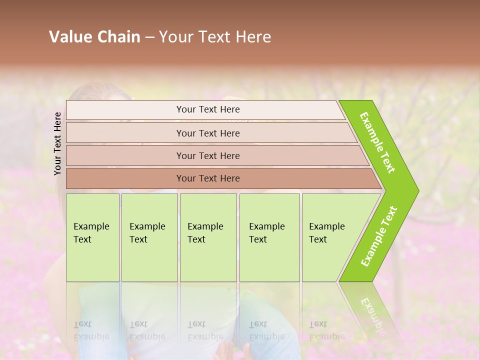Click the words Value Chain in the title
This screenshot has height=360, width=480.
click(x=94, y=37)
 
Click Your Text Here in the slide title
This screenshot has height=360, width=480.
click(x=215, y=37)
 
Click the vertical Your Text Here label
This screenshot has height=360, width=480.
click(x=58, y=143)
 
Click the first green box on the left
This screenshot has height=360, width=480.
click(x=92, y=237)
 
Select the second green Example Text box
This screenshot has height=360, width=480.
click(x=149, y=237)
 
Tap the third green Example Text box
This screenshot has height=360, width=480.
click(x=208, y=237)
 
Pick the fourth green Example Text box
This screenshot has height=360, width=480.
click(x=269, y=237)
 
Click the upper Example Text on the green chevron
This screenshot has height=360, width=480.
click(x=377, y=142)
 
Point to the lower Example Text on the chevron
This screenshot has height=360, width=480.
click(x=378, y=236)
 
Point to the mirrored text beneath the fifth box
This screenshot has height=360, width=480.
click(x=326, y=330)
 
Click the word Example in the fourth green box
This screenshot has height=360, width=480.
click(x=266, y=226)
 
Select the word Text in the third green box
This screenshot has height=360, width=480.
click(x=196, y=239)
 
